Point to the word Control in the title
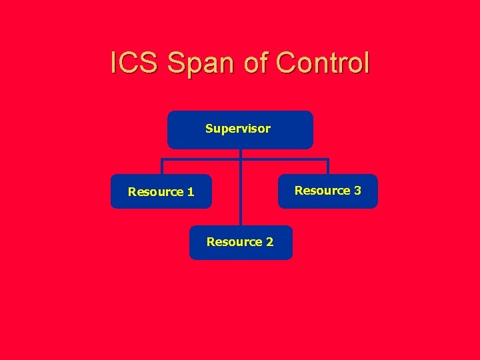point(323,63)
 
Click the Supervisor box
point(240,129)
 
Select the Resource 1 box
point(161,191)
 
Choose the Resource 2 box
point(240,242)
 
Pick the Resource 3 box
point(327,191)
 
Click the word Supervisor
point(238,128)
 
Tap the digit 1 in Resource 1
point(191,192)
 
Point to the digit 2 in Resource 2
point(269,242)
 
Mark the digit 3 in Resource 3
point(357,191)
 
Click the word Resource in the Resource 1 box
point(155,192)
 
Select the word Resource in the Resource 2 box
point(234,242)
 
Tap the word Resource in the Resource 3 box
point(322,191)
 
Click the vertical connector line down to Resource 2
point(241,193)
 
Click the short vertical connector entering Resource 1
point(162,167)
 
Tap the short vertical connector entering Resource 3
point(327,167)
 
